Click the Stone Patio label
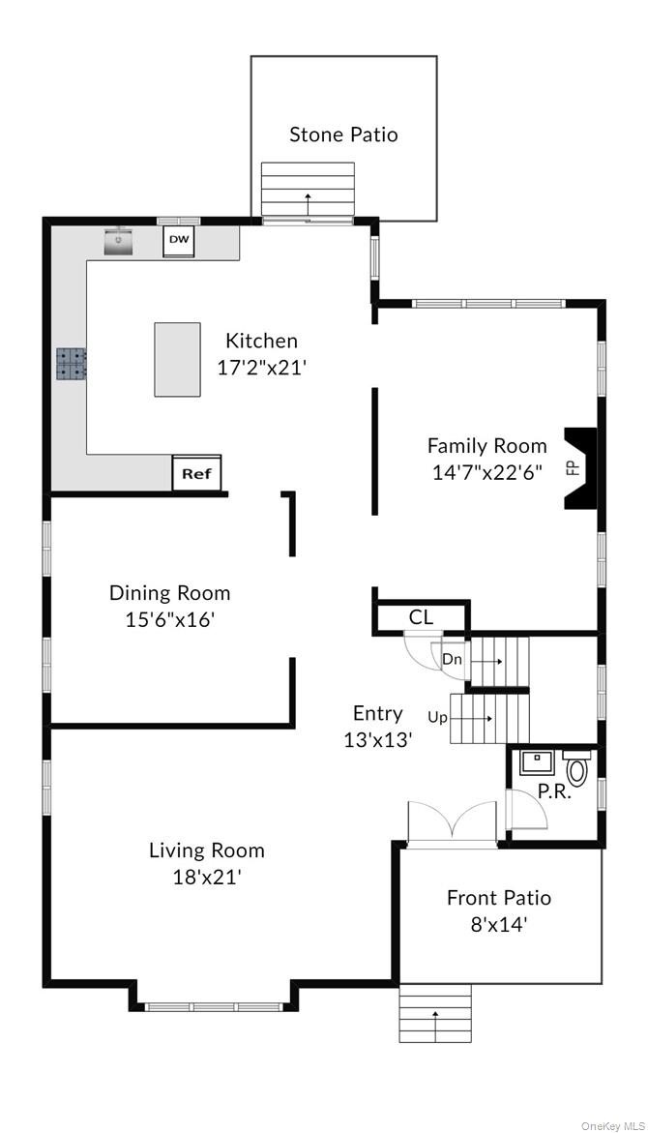(343, 134)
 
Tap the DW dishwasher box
(178, 242)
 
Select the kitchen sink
(119, 241)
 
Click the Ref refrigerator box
(196, 473)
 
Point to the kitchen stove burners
(72, 364)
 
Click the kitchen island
(178, 359)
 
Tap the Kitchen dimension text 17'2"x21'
(263, 368)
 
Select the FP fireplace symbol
(580, 469)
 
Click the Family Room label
(486, 446)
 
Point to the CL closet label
(421, 617)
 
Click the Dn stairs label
(452, 660)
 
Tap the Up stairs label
(438, 718)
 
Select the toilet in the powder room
(577, 767)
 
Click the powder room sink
(537, 762)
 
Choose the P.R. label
(554, 792)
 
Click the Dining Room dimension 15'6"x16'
(170, 620)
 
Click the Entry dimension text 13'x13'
(378, 740)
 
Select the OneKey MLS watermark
(613, 1126)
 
